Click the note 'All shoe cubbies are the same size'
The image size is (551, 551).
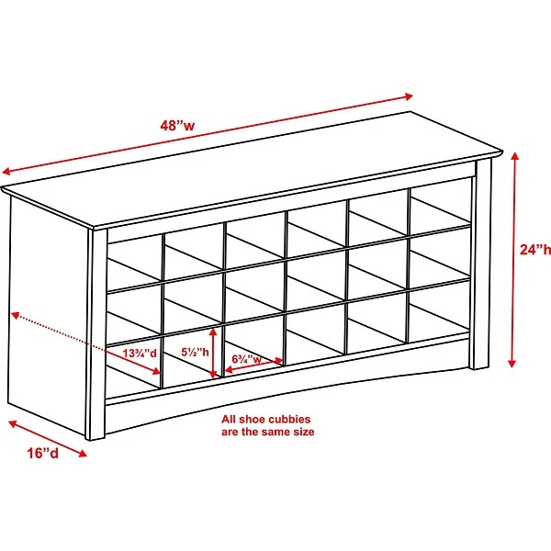pyautogui.click(x=266, y=425)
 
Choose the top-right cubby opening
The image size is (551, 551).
pyautogui.click(x=438, y=213)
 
